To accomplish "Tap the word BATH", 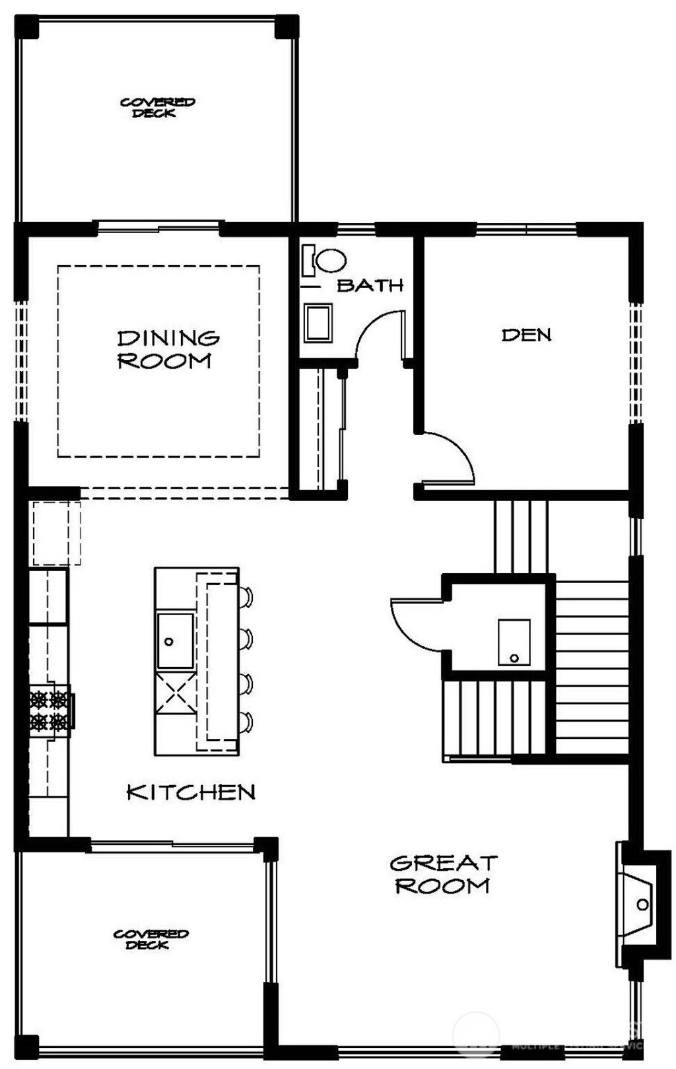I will click(x=370, y=285).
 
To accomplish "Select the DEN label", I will click(x=526, y=335).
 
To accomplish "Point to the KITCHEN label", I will click(x=190, y=792).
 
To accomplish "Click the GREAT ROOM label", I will click(x=443, y=874).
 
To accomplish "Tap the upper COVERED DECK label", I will click(x=156, y=108).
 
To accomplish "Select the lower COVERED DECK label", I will click(x=151, y=939).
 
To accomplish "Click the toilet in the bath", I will click(x=328, y=260).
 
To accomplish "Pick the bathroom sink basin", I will click(x=318, y=323).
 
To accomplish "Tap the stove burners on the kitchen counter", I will click(x=50, y=710).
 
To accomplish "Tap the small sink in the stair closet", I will click(x=514, y=641).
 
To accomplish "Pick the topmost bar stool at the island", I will click(x=247, y=597).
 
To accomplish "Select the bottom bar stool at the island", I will click(x=247, y=722).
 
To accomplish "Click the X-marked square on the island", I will click(x=175, y=694).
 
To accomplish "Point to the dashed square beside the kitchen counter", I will click(x=56, y=533).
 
